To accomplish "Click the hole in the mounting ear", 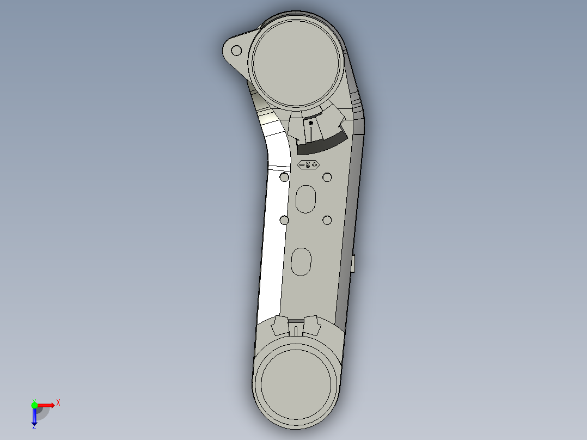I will [x=236, y=51].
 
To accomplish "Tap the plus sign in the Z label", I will [x=315, y=164].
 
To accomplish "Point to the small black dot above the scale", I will [x=310, y=124].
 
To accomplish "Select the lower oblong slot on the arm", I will [x=301, y=261].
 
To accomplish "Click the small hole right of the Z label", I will [x=327, y=177].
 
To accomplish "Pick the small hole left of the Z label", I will [x=284, y=178].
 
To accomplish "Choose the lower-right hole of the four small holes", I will [x=327, y=220].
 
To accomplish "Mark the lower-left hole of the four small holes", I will [x=284, y=220].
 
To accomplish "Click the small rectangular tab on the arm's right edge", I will [x=353, y=264].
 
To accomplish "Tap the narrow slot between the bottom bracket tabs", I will [x=295, y=330].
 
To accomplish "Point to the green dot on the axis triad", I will [x=34, y=405].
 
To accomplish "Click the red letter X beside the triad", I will [x=58, y=403].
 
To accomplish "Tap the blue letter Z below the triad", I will [x=34, y=427].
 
